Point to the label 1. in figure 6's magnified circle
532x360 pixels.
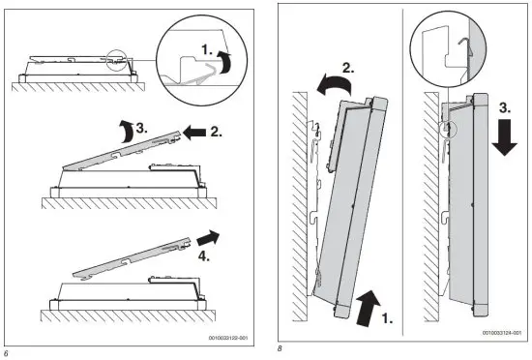(207, 50)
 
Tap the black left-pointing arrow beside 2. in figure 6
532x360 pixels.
(194, 133)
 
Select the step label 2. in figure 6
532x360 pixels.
(216, 132)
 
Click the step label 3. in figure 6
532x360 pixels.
(142, 129)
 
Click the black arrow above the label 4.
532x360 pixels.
(208, 237)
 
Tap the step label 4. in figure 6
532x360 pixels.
(204, 256)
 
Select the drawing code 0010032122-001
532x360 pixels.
(228, 338)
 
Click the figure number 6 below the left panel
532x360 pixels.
(6, 353)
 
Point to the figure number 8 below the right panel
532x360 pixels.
(280, 348)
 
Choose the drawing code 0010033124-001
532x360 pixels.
(502, 333)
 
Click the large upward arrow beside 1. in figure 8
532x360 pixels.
(369, 308)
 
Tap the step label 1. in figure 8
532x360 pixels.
(388, 318)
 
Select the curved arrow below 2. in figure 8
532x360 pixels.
(335, 84)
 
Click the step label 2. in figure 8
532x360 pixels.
(348, 68)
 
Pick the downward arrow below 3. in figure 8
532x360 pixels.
(505, 137)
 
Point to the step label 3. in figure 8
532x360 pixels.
(505, 108)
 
